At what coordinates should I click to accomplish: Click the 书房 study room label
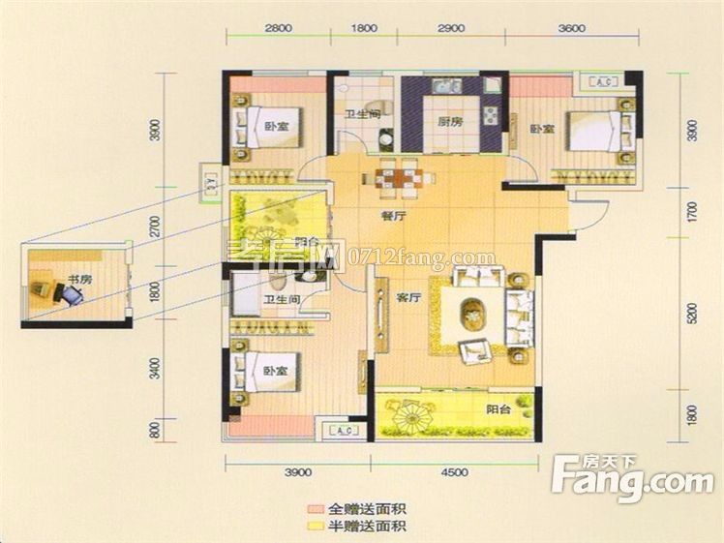tap(79, 280)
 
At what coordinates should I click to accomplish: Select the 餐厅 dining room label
tap(393, 218)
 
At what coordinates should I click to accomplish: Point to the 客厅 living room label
tap(407, 298)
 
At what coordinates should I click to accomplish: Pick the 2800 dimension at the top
tap(278, 28)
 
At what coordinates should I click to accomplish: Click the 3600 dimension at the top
tap(571, 28)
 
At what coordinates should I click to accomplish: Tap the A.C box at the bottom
tap(345, 430)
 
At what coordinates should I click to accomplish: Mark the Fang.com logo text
tap(633, 478)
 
